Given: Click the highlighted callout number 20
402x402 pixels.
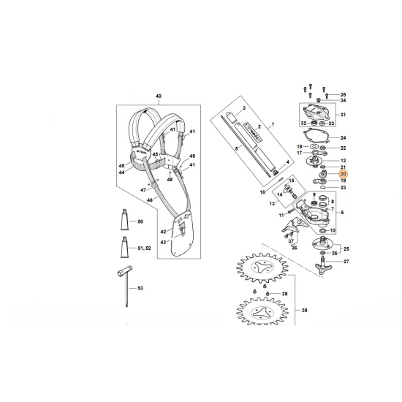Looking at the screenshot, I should coord(343,174).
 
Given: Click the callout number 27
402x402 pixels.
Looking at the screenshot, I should coord(346,261).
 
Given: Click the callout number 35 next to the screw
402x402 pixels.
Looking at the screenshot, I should coord(343,95).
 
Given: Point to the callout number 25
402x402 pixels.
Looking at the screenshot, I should coord(346,249).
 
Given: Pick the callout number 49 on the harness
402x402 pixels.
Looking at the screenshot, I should coord(192,156).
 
